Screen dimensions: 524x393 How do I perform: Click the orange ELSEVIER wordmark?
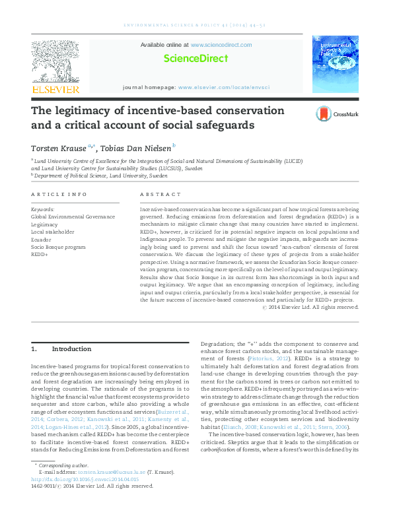coord(55,89)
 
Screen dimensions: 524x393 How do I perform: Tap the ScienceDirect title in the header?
coord(196,59)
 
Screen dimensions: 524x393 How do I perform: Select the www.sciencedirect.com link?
coord(221,45)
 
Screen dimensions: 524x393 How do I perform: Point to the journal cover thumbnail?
coord(336,65)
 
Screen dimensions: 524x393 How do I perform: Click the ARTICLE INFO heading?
coord(59,195)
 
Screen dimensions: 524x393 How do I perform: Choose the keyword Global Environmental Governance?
coord(73,216)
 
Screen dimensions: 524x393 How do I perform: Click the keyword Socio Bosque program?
coord(58,246)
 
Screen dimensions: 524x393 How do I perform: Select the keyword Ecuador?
coord(42,239)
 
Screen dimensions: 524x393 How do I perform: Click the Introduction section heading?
coord(66,348)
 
